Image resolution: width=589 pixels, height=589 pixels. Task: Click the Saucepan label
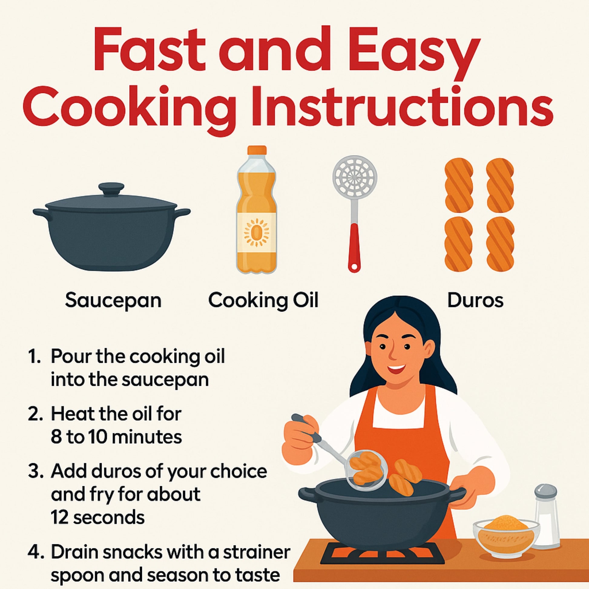[x=113, y=301]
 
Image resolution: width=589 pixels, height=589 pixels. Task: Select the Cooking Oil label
[x=263, y=300]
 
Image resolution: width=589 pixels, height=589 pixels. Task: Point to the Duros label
[x=475, y=300]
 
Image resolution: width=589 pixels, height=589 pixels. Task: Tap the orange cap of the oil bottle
[x=257, y=150]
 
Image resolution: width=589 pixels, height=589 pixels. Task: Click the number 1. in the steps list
[x=34, y=356]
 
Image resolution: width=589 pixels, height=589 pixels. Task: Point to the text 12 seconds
[x=97, y=517]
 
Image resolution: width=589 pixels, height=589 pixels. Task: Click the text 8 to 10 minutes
[x=117, y=436]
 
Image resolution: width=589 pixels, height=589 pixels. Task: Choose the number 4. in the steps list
[x=36, y=551]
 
